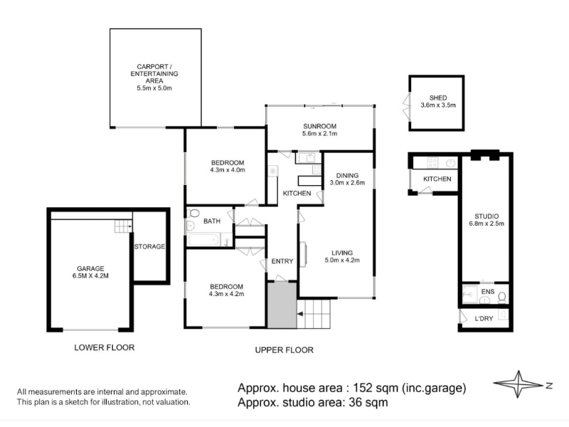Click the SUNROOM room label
(x=319, y=127)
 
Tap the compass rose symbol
(x=519, y=384)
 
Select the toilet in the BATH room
(x=193, y=213)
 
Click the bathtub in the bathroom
(x=203, y=240)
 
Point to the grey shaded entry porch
(x=282, y=306)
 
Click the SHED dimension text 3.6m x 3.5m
(x=438, y=105)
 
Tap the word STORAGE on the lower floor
(x=149, y=246)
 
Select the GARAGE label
(x=90, y=269)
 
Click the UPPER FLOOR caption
(x=284, y=350)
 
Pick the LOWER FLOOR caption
(x=105, y=347)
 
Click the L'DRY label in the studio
(x=484, y=318)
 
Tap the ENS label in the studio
(x=488, y=292)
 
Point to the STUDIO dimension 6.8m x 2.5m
(x=486, y=223)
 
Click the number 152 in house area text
(x=363, y=388)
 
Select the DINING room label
(x=347, y=175)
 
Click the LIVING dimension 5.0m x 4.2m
(x=342, y=260)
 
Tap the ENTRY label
(x=282, y=261)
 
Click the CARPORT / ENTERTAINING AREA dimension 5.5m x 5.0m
(x=154, y=88)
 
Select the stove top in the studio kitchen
(x=432, y=163)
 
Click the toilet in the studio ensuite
(x=502, y=297)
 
